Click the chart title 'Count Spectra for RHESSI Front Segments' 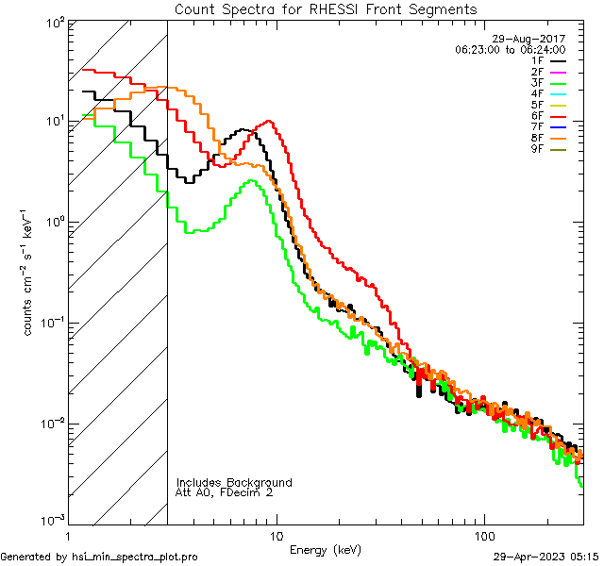click(326, 9)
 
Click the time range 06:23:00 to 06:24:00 click(510, 49)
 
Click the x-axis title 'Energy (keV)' click(325, 549)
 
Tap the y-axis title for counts click(29, 273)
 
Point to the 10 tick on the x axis click(276, 535)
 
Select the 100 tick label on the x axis click(484, 535)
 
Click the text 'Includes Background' click(234, 482)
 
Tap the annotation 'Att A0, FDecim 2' click(225, 492)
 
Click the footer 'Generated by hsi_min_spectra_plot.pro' click(100, 557)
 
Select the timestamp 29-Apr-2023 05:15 click(545, 557)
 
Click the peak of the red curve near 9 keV click(270, 121)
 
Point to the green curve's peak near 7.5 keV click(250, 181)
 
